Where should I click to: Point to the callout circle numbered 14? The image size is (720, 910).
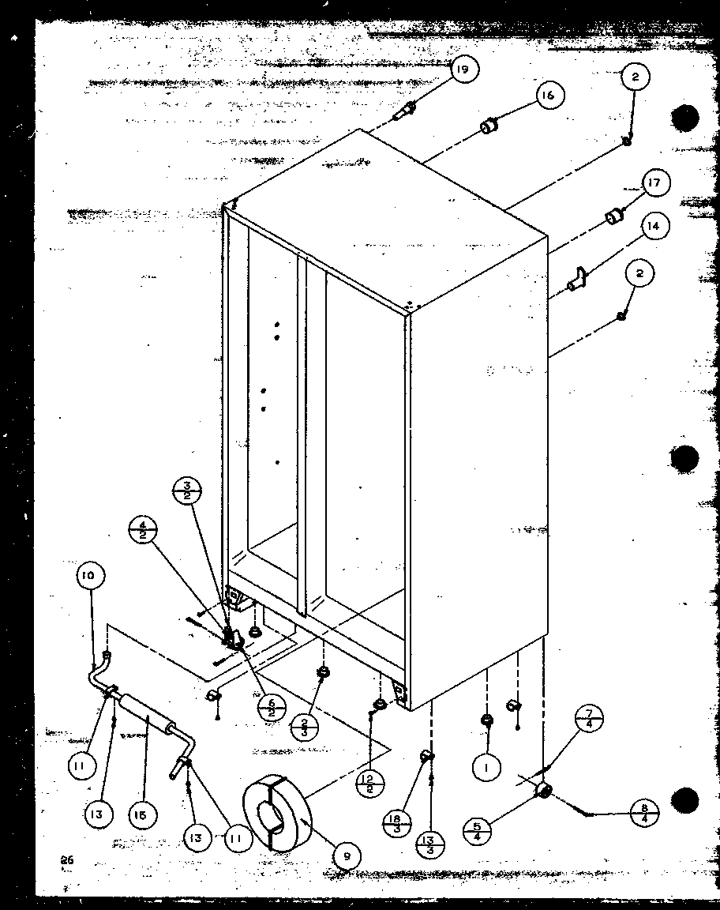click(x=652, y=226)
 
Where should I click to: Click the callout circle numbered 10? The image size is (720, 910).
click(x=88, y=576)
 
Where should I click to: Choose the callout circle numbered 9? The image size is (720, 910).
click(x=347, y=854)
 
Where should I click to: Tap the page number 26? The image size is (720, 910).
click(x=66, y=861)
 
